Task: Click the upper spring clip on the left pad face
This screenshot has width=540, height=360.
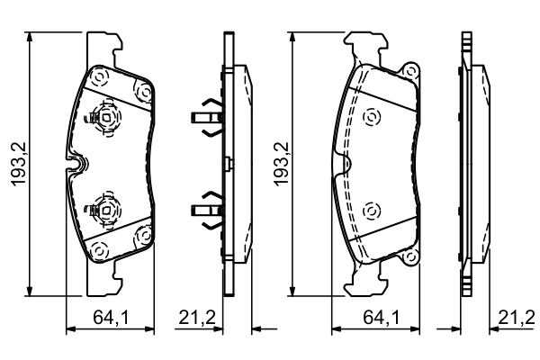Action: tap(105, 115)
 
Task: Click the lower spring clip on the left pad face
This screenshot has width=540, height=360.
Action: tap(105, 211)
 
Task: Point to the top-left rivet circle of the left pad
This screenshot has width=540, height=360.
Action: tap(100, 76)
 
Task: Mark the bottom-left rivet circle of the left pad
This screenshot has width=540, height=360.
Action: tap(100, 249)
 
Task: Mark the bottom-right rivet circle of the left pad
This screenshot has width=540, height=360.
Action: tap(142, 236)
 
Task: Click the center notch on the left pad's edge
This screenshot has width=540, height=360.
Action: tap(78, 164)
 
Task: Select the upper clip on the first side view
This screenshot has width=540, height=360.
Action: tap(206, 117)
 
